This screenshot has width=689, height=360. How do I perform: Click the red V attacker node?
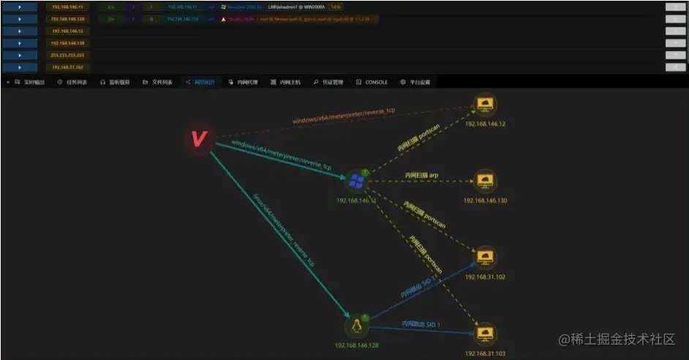[x=197, y=139]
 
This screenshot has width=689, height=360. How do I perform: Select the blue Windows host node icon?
[x=356, y=181]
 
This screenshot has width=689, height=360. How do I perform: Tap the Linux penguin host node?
[x=356, y=326]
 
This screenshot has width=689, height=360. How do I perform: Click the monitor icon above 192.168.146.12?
[x=485, y=105]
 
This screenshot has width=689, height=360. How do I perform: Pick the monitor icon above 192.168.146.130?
[x=485, y=180]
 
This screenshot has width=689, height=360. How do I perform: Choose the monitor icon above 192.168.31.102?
[x=485, y=257]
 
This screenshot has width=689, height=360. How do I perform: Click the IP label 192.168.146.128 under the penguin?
[x=356, y=344]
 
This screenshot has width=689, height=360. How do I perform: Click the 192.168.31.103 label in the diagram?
[x=485, y=353]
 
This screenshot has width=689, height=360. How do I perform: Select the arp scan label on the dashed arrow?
[x=423, y=176]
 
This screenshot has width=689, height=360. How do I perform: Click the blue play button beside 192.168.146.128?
[x=20, y=19]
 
